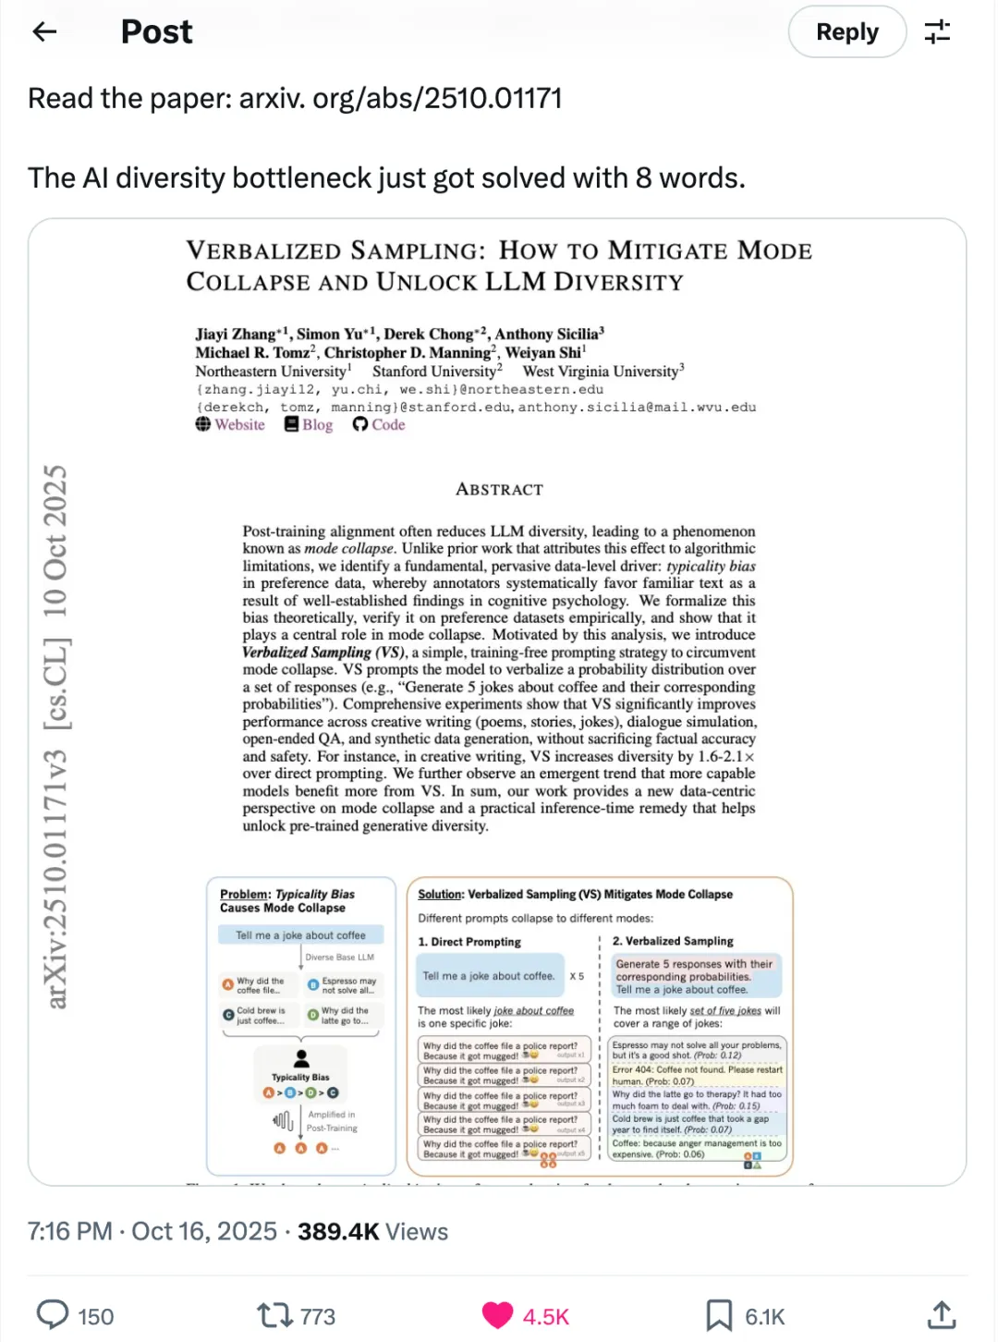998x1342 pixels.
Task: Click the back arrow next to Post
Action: click(44, 32)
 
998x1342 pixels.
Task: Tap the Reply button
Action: click(846, 32)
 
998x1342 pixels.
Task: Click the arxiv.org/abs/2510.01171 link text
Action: click(400, 98)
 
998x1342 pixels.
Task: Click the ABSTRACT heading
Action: click(499, 489)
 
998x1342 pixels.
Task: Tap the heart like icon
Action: click(497, 1315)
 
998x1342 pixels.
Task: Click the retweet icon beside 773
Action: click(274, 1315)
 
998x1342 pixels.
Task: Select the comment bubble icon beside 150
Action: click(53, 1315)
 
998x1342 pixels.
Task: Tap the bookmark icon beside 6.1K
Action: click(719, 1315)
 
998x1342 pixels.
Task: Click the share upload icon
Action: click(941, 1315)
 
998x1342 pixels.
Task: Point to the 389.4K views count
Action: click(338, 1231)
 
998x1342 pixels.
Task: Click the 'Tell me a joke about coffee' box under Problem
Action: click(300, 935)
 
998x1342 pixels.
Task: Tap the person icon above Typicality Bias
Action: click(301, 1058)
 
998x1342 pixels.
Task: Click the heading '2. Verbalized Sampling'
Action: click(673, 941)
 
